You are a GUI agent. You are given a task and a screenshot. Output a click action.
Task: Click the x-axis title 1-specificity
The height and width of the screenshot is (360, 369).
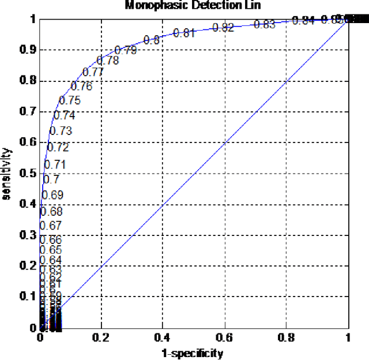coord(193,353)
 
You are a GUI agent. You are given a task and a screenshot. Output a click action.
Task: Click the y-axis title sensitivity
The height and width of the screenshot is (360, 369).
coord(7,173)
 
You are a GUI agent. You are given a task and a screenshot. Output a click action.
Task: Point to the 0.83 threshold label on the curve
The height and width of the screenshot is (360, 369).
coord(265,24)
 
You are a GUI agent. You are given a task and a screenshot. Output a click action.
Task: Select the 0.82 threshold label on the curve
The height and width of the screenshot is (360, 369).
coord(223,28)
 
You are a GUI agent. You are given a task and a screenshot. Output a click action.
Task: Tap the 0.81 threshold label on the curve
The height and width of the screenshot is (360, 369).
coord(184,33)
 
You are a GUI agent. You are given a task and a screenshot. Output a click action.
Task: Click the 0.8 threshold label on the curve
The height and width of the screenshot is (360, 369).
coord(152,40)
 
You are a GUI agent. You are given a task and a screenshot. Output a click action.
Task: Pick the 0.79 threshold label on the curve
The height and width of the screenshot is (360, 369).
coord(126,50)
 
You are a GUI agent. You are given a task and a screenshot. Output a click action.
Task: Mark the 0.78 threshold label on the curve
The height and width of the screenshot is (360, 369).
coord(108,60)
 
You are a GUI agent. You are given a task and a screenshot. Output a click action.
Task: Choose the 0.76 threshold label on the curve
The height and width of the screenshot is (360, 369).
coord(81,87)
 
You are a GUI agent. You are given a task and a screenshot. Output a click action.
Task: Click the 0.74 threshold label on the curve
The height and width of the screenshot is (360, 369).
coord(64,115)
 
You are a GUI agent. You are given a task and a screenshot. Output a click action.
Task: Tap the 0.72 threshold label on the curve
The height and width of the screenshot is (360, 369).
coord(58,147)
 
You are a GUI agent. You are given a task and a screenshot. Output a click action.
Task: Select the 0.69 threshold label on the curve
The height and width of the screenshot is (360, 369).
coord(52,195)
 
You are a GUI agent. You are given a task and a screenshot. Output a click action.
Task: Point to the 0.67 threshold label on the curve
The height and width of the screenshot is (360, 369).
coord(51,226)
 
